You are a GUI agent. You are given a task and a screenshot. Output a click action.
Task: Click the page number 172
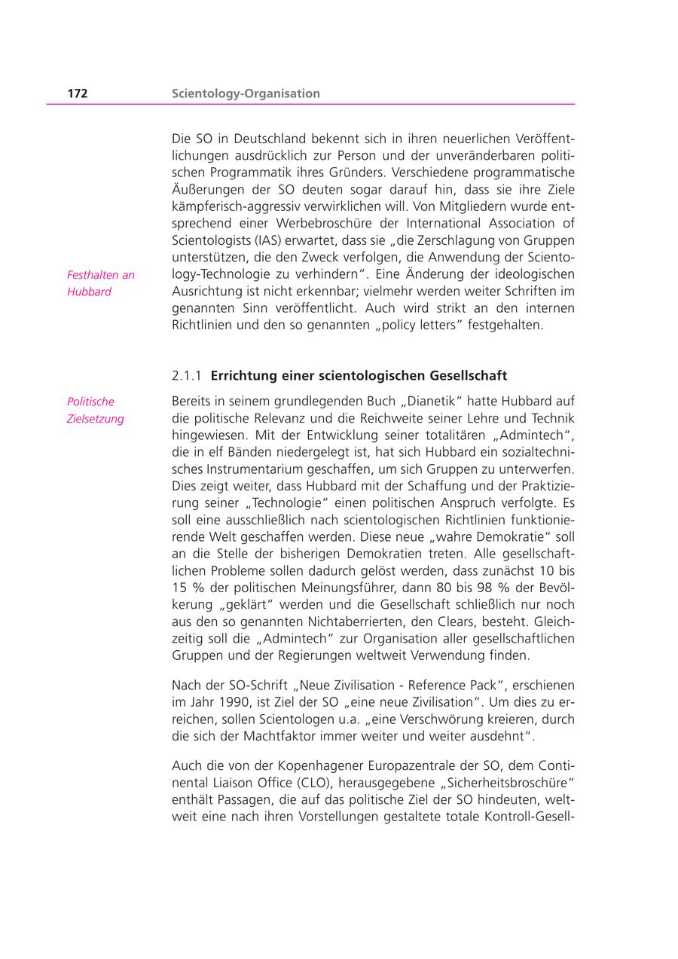point(78,93)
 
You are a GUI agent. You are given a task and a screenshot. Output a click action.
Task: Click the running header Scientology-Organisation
point(246,93)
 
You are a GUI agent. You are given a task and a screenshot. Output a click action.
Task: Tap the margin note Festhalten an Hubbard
point(101,283)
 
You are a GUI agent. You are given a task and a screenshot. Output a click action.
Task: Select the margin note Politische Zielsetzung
point(95,410)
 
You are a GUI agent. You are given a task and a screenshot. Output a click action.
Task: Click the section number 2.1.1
point(187,375)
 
